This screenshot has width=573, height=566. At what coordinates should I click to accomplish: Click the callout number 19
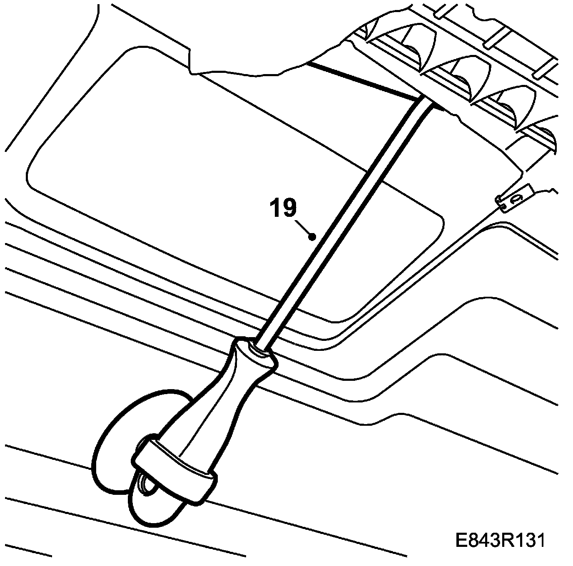pos(284,208)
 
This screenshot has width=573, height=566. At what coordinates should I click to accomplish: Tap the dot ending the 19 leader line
pos(311,237)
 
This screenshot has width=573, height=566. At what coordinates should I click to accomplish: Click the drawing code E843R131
pos(500,541)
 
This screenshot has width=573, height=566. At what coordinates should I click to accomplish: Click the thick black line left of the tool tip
pos(362,81)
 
